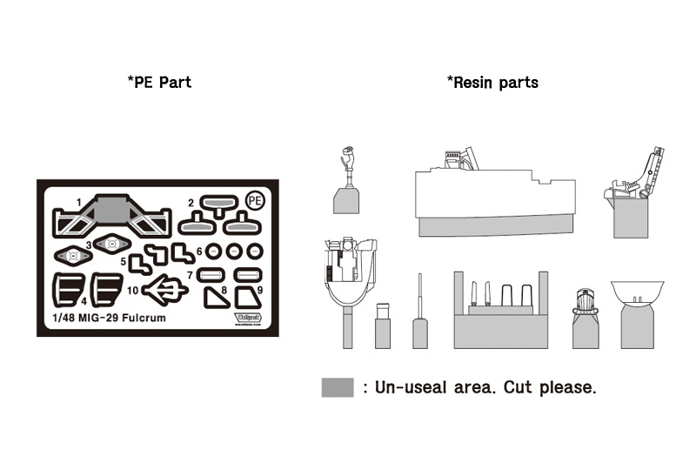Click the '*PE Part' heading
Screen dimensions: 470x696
[159, 83]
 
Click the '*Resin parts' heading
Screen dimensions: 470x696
[492, 83]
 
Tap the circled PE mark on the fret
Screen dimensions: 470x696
[255, 200]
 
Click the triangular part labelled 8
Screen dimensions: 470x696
[214, 298]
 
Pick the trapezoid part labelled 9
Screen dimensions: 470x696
[248, 299]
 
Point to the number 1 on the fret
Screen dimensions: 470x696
[78, 203]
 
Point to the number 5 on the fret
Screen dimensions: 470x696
[124, 260]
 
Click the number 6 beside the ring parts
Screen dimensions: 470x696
[199, 252]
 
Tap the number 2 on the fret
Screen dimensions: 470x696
[190, 204]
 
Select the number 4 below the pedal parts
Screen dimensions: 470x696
[84, 302]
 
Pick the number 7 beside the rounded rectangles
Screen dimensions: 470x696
[190, 275]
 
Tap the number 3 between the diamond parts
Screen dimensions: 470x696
[89, 245]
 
